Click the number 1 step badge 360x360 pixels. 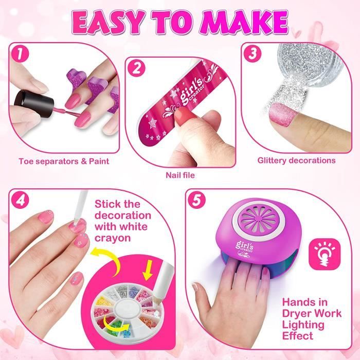[20, 54]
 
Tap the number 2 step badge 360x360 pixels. [136, 68]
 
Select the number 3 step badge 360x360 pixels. [253, 53]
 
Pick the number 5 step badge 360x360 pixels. [197, 200]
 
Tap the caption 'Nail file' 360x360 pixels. [180, 175]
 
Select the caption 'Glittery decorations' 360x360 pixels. [296, 160]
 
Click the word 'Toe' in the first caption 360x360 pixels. [26, 161]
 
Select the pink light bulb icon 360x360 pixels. [325, 254]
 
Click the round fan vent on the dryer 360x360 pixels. [259, 218]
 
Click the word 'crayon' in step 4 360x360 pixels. [113, 238]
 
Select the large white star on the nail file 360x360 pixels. [153, 123]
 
